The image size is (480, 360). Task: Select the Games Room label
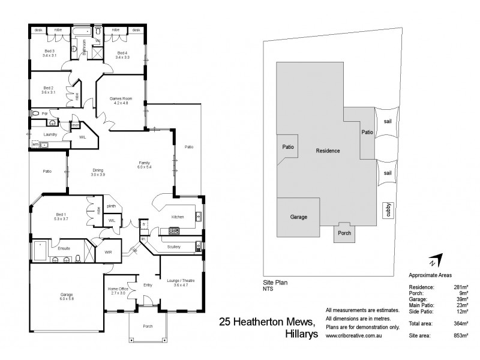[120, 100]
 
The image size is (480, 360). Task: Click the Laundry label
[50, 135]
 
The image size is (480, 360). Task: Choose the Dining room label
[98, 172]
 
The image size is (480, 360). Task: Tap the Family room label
[145, 163]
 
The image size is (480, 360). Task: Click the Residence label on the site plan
[328, 151]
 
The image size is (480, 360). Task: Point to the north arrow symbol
[434, 261]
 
